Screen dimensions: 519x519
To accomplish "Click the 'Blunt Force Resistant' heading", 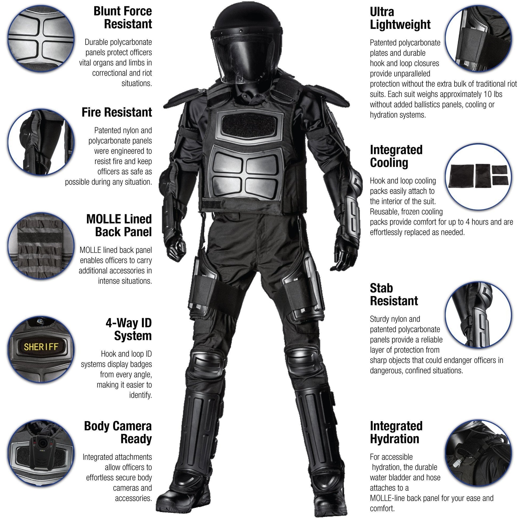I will point(123,18).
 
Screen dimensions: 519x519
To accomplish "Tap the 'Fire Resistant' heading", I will point(117,112).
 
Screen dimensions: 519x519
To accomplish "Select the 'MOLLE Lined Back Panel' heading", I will point(119,226).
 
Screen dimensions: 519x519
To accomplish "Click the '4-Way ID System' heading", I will point(129,329).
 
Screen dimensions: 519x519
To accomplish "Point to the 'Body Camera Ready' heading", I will point(118,433).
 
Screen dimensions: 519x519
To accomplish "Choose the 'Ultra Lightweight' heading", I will point(400,18).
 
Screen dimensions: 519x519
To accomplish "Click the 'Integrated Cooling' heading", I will point(396,156).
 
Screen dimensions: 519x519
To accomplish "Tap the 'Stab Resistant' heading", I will point(394,294).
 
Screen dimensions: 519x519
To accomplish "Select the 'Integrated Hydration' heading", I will point(396,433).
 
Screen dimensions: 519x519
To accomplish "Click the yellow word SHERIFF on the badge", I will point(41,347).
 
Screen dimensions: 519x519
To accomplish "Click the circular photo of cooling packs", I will point(478,177).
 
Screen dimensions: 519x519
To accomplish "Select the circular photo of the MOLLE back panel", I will point(41,246).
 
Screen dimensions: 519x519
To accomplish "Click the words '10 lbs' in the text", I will point(493,94).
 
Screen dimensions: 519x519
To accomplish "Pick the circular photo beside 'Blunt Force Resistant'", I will point(41,38).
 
